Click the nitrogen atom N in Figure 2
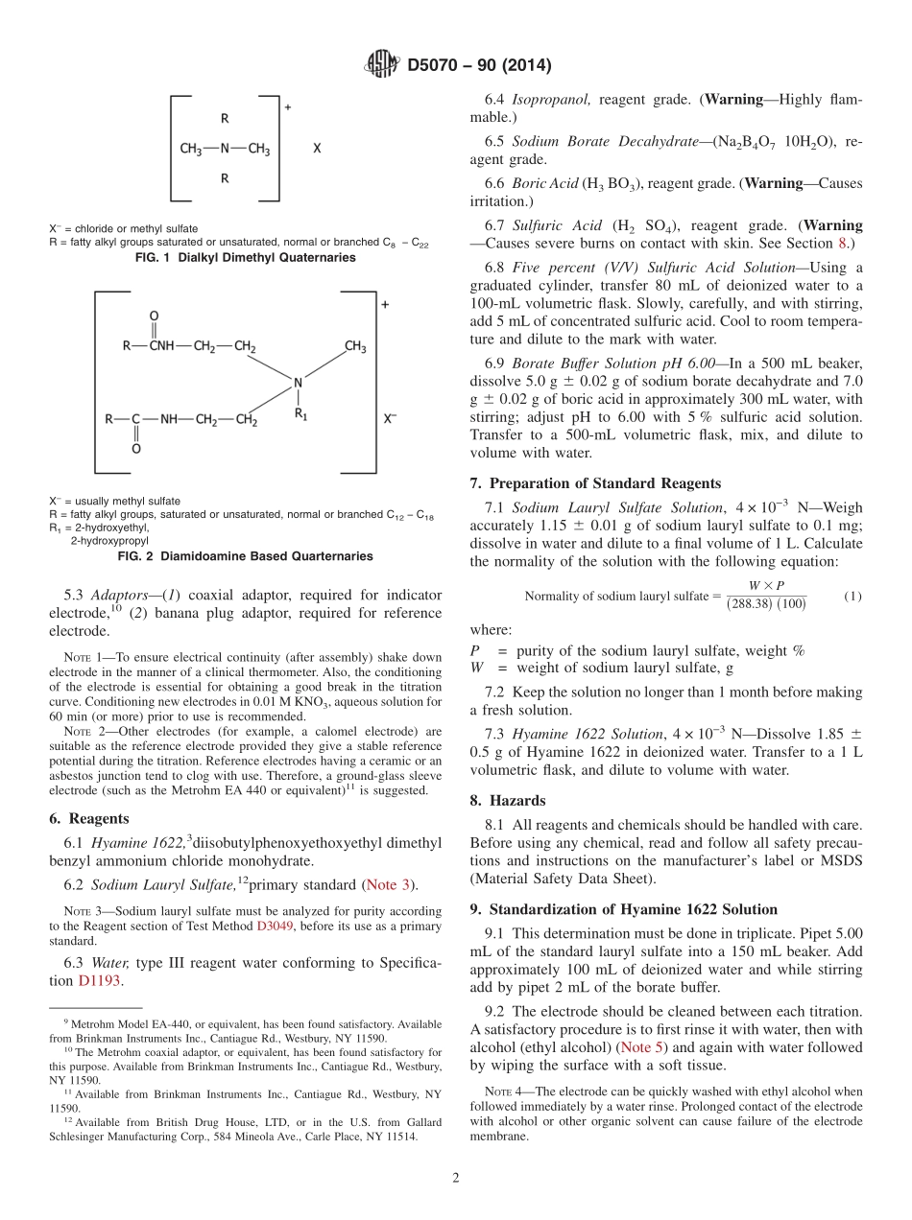tap(298, 383)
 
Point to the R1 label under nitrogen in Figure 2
tap(300, 415)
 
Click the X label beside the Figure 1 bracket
tap(318, 150)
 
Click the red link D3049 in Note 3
tap(270, 926)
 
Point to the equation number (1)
tap(852, 596)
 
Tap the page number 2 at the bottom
tap(455, 1178)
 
